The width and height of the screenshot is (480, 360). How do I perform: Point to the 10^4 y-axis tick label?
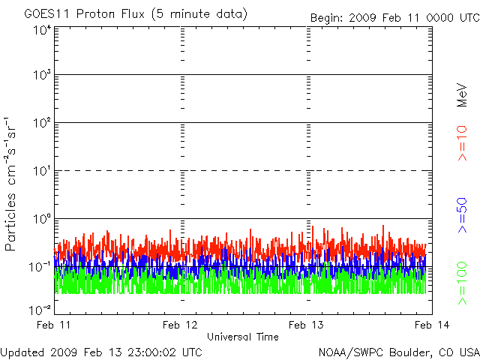click(x=41, y=31)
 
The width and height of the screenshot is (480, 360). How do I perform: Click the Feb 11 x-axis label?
click(x=55, y=324)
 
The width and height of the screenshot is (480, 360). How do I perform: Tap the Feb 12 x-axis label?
click(x=181, y=324)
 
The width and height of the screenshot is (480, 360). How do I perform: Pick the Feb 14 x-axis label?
click(x=428, y=324)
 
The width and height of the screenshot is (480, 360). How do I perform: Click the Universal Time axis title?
click(x=243, y=337)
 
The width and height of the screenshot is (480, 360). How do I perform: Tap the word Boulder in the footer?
click(x=409, y=351)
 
